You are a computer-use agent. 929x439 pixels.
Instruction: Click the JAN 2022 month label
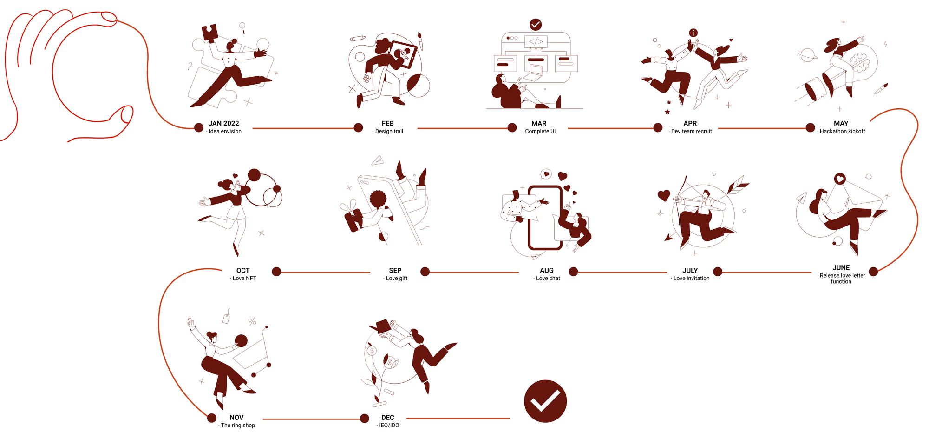click(x=223, y=123)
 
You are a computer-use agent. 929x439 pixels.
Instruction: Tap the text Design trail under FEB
click(x=389, y=132)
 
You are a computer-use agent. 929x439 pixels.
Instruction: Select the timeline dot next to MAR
click(x=512, y=127)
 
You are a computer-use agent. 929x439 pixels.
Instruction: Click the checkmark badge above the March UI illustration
click(x=536, y=24)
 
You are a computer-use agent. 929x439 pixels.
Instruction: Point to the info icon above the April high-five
click(x=693, y=33)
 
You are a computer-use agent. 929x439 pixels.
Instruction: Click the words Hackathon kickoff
click(x=842, y=132)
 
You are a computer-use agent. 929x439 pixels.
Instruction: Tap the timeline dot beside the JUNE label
click(x=873, y=272)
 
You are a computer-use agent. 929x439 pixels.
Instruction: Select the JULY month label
click(x=690, y=270)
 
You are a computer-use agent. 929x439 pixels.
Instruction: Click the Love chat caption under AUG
click(x=548, y=279)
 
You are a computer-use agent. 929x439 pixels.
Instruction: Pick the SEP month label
click(x=395, y=270)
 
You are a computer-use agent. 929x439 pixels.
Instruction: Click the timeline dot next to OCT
click(x=276, y=272)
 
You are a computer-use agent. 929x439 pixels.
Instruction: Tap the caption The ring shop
click(x=238, y=426)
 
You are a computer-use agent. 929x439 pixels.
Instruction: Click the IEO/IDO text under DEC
click(x=389, y=426)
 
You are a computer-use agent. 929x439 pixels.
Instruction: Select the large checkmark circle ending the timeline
click(x=545, y=401)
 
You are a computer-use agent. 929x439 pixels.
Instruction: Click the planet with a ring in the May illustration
click(x=807, y=55)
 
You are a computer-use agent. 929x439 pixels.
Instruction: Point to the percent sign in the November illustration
click(x=252, y=321)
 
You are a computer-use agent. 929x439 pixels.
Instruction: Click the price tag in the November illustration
click(x=227, y=317)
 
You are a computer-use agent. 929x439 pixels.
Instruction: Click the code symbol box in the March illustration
click(x=536, y=41)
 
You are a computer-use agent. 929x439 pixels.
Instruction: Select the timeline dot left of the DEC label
click(x=365, y=419)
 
